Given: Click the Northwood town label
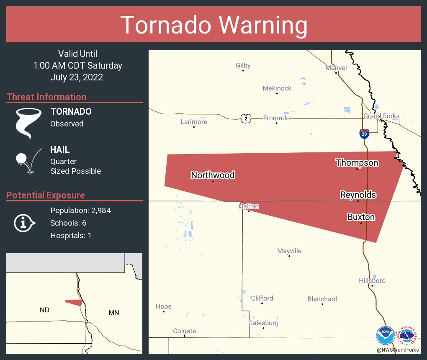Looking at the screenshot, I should (x=213, y=175).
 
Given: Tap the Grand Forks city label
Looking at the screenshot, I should (x=381, y=116).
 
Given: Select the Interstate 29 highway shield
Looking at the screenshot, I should (x=364, y=134).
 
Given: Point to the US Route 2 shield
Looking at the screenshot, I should (x=246, y=118).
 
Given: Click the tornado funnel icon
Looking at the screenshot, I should (x=28, y=123).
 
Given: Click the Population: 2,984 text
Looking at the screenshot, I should (x=80, y=211).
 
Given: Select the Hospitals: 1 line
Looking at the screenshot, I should (x=71, y=236).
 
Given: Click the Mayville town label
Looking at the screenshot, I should (x=289, y=251).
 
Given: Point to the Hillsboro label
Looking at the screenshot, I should (x=372, y=280).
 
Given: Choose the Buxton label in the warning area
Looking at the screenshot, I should (x=361, y=217).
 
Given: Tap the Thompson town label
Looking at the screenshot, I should (x=357, y=163).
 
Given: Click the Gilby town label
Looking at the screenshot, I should (x=243, y=65).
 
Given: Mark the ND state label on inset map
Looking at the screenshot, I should (x=45, y=310).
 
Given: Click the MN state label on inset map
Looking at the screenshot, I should (x=113, y=313).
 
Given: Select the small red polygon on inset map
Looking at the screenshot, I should (x=75, y=302).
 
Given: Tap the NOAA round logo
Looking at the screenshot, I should (x=385, y=336).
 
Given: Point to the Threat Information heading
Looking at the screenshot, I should (x=46, y=97).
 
